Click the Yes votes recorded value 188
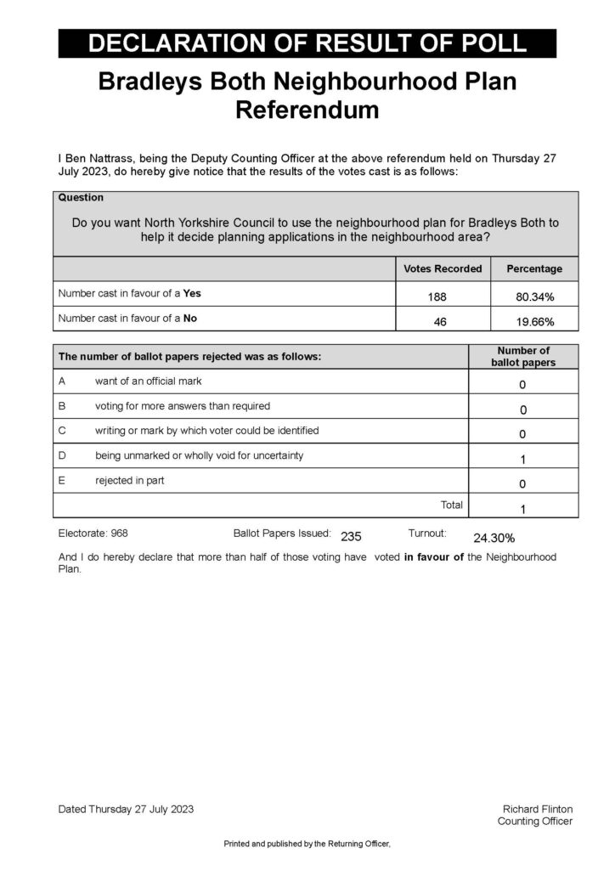443,297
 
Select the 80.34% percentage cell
534,297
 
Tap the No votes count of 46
440,323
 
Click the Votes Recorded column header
443,269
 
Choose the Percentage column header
534,269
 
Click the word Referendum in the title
307,110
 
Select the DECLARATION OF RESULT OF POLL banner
307,43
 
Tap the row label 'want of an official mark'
149,381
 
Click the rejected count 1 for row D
522,460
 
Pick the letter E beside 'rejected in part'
62,481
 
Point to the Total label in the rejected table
451,506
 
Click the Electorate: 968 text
93,534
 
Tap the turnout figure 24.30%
494,538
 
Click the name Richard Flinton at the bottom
537,809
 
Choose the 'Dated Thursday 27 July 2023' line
126,809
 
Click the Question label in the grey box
81,198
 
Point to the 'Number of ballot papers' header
523,357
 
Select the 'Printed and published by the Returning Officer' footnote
306,844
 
